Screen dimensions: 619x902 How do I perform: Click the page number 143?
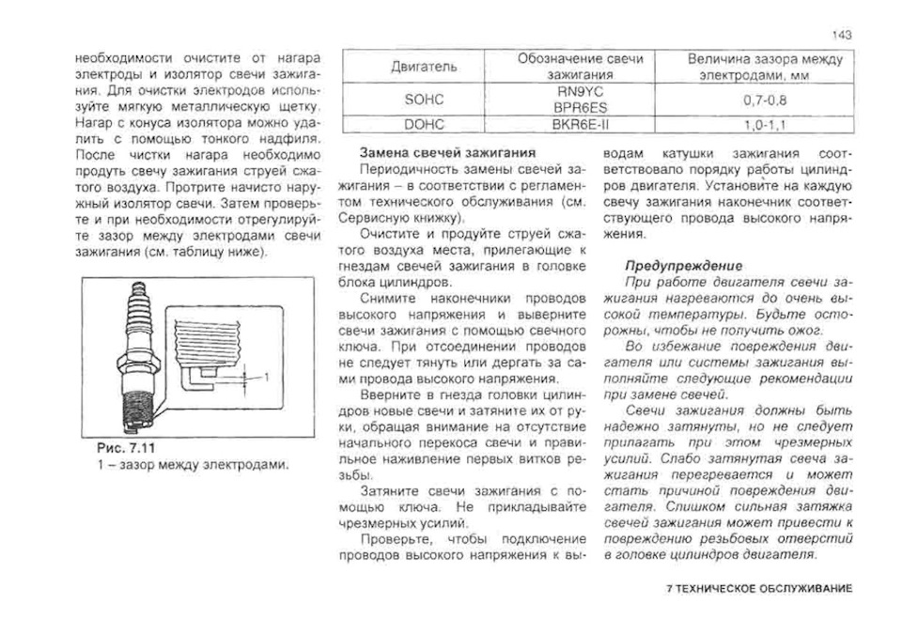tap(842, 35)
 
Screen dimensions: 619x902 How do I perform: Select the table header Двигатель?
tap(423, 67)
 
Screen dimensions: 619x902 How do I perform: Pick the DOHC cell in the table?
tap(423, 122)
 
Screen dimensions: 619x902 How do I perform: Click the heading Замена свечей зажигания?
tap(448, 152)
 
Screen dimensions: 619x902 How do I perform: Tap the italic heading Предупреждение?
tap(684, 266)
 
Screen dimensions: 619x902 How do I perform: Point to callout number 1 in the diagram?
tap(267, 376)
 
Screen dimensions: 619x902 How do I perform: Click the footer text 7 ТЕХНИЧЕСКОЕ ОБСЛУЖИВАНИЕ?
tap(757, 588)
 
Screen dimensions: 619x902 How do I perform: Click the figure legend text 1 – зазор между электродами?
tap(186, 464)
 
